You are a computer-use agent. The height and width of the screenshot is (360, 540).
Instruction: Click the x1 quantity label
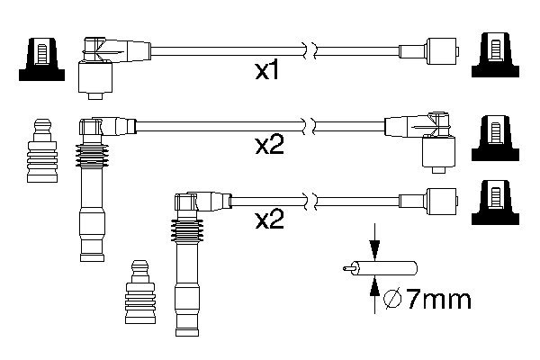(266, 70)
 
